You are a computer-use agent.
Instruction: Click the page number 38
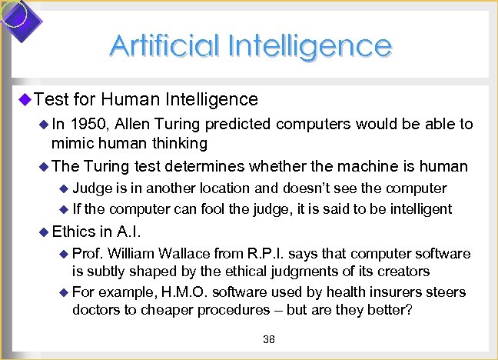tap(269, 339)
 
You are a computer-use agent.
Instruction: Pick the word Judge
tap(90, 188)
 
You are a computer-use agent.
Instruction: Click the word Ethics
tap(74, 231)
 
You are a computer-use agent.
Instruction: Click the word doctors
tap(96, 309)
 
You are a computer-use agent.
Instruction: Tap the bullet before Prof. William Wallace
tap(64, 254)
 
